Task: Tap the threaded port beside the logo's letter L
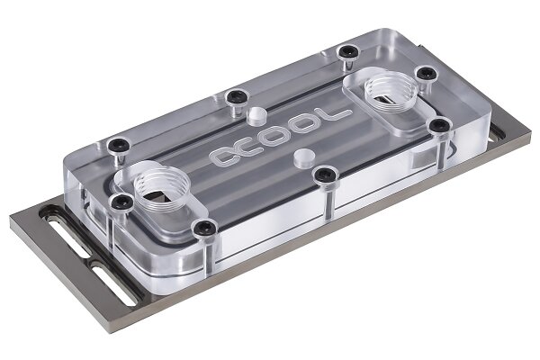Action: coord(391,90)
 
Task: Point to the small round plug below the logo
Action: coord(304,158)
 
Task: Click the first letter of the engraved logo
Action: coord(226,156)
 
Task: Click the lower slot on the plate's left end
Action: coord(114,283)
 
